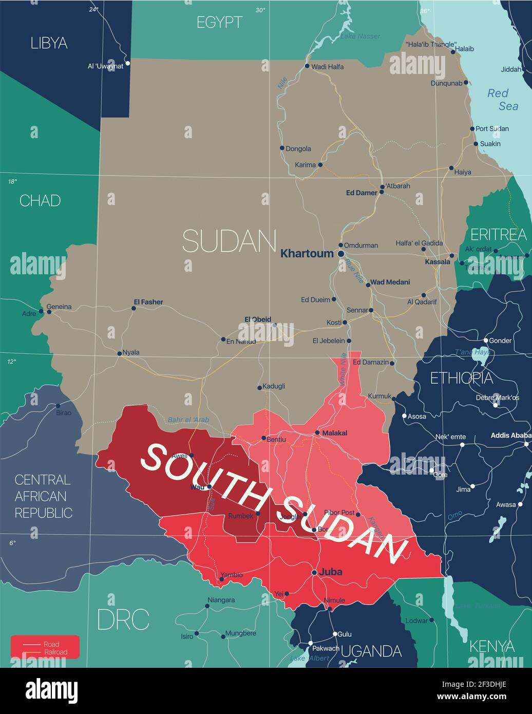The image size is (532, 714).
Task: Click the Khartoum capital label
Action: (307, 253)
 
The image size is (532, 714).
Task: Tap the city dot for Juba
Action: (314, 572)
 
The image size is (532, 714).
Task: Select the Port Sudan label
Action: (492, 128)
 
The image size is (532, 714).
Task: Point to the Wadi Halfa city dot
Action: (307, 66)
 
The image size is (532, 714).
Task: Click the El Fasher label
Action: (148, 302)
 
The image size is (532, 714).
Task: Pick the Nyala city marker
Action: (119, 353)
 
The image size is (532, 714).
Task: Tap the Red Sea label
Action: (499, 100)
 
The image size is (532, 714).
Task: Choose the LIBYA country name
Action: (49, 43)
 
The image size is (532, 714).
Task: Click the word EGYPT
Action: (219, 22)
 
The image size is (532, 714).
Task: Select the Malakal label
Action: (334, 433)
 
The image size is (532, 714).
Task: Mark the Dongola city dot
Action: (282, 148)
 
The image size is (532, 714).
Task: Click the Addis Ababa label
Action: (510, 436)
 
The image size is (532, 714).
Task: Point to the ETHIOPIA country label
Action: (461, 378)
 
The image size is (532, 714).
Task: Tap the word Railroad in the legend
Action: (55, 652)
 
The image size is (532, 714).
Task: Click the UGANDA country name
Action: (371, 651)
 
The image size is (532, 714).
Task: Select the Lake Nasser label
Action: (360, 36)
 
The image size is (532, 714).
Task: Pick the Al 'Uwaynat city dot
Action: (128, 63)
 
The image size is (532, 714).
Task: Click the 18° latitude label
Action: (12, 181)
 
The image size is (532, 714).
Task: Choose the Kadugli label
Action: (274, 386)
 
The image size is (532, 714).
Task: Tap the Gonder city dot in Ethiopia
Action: (486, 340)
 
